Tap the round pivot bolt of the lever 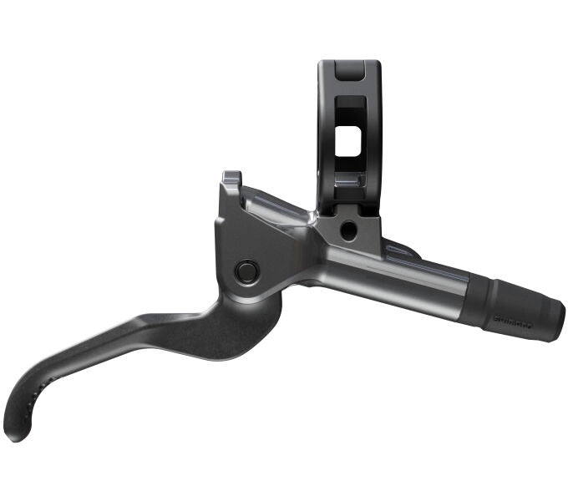(246, 270)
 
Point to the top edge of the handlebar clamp (348, 63)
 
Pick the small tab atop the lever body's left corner (231, 179)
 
